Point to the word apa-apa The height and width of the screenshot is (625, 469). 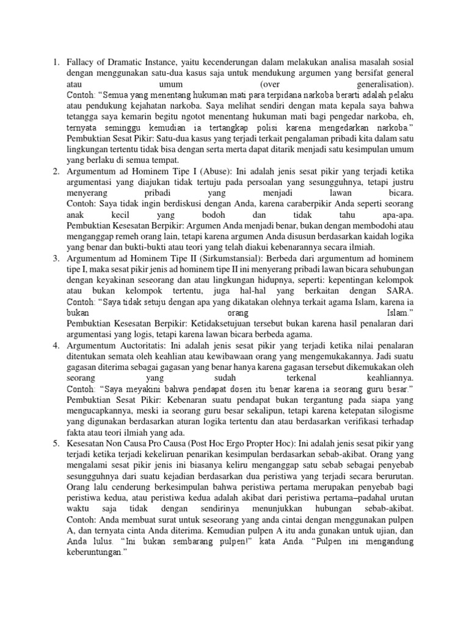[x=396, y=215]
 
